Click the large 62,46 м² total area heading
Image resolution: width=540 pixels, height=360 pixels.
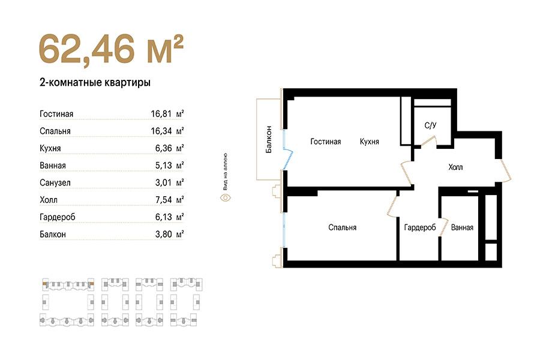(111, 49)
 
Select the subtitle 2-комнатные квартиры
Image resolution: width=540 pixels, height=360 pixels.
(95, 83)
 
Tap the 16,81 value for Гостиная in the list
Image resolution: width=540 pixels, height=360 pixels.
(161, 113)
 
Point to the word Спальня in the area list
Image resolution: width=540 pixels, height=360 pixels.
(55, 131)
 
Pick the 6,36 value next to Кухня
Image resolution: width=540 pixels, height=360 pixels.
(163, 148)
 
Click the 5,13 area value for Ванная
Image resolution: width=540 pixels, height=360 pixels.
(163, 166)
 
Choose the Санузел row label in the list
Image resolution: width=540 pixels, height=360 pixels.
(55, 183)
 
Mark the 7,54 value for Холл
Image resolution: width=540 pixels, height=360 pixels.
(163, 200)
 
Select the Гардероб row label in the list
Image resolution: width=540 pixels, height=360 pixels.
(57, 217)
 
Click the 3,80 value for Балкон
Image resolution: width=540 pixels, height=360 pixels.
(163, 234)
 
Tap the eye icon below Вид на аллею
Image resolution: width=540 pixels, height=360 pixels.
(225, 198)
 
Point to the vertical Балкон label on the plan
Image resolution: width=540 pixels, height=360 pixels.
(269, 140)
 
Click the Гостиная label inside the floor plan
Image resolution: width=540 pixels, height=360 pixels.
(325, 142)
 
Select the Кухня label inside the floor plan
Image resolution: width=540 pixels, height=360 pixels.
(369, 142)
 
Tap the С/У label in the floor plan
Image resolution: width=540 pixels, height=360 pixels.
(430, 125)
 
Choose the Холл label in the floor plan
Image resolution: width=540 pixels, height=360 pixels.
(455, 167)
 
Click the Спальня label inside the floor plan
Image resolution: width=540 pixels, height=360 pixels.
(343, 228)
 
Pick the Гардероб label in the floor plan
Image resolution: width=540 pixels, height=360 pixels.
(420, 228)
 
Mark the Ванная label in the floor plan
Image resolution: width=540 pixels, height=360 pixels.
(462, 228)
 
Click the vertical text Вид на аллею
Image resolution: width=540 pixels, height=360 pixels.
(225, 172)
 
